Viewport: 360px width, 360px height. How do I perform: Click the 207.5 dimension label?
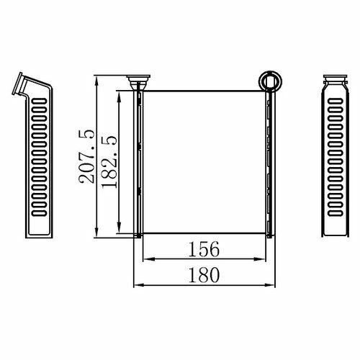86,156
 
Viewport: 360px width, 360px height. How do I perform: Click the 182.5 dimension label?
109,162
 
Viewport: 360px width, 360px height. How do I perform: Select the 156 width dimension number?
204,249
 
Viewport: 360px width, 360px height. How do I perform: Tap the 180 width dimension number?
204,275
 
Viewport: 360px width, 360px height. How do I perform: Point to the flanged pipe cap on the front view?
138,81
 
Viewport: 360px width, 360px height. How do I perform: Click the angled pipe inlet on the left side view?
20,84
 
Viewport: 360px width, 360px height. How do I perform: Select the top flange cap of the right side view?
336,77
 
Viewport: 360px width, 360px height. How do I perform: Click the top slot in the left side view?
39,101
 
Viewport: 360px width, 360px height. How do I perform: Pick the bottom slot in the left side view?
39,213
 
